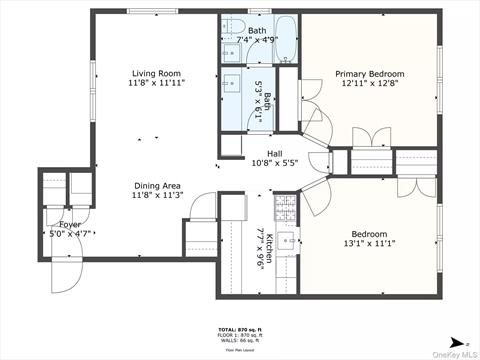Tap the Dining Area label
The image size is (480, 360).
[158, 186]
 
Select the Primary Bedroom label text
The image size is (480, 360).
[369, 74]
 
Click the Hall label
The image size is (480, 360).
[274, 153]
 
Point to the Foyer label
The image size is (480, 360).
[70, 225]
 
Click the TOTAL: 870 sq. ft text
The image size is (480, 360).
[240, 329]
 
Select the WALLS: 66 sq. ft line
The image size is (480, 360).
[240, 341]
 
